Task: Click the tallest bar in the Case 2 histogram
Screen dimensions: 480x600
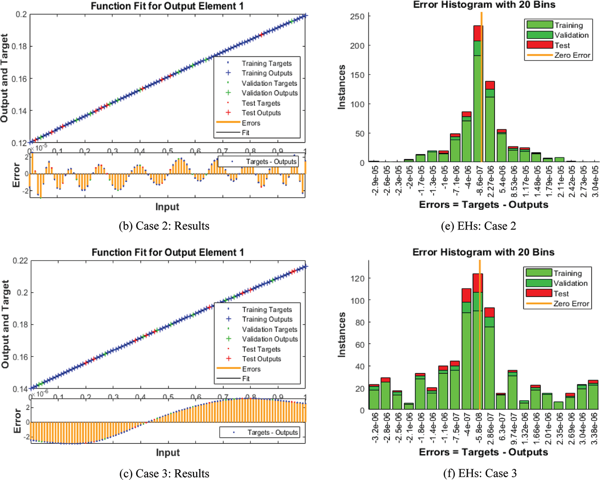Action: pos(478,95)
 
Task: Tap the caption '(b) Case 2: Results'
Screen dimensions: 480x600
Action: pos(164,226)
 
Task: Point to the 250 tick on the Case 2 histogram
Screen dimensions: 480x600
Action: pos(357,17)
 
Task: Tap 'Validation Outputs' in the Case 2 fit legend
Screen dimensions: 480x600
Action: pos(269,93)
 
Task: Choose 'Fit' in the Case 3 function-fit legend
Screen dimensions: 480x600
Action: pos(246,379)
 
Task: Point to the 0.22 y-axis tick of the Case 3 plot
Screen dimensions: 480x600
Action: pos(20,261)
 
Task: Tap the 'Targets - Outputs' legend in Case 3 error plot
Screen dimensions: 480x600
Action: pos(273,432)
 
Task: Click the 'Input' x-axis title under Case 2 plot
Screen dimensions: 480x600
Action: pos(167,207)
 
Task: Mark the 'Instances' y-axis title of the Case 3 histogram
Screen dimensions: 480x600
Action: pos(341,334)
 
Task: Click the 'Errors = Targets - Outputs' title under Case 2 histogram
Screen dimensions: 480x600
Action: pos(483,205)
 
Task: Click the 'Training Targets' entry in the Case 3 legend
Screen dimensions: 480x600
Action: pos(267,310)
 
